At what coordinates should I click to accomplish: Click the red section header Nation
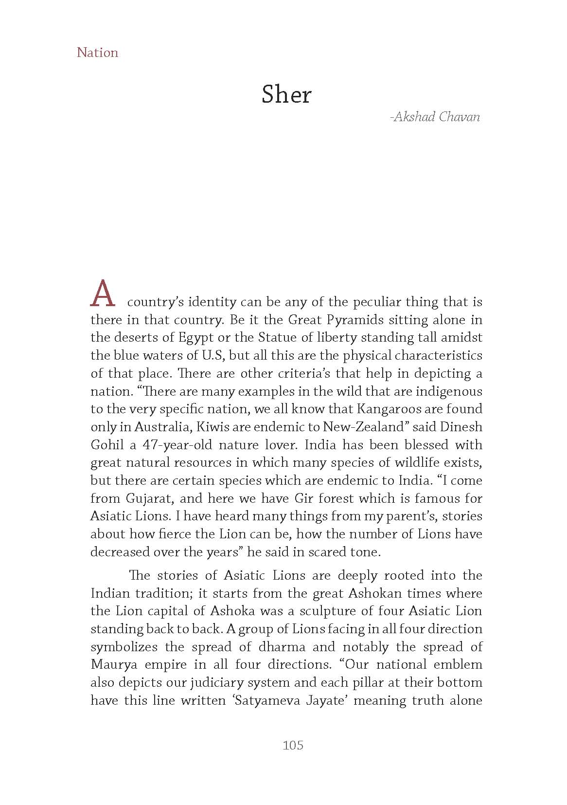coord(97,53)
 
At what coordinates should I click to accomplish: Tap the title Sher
coord(286,94)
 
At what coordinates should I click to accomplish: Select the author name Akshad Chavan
coord(435,117)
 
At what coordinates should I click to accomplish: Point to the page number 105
coord(293,745)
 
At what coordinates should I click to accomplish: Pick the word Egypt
coord(196,338)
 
